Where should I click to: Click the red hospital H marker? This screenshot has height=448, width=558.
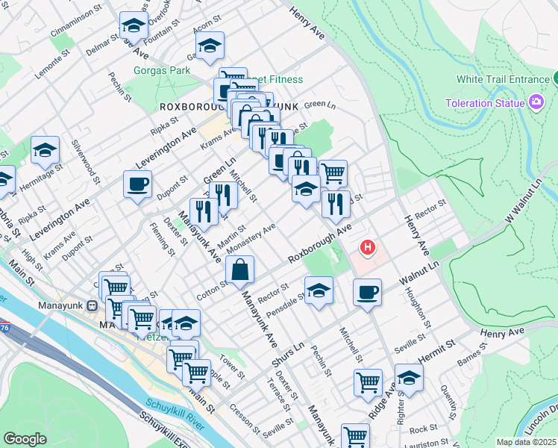367,246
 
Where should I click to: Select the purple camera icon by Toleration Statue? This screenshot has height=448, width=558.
536,102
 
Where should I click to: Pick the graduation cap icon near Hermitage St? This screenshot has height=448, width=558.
46,151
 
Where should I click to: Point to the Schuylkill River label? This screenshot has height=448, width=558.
176,414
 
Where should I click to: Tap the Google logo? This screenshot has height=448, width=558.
25,439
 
